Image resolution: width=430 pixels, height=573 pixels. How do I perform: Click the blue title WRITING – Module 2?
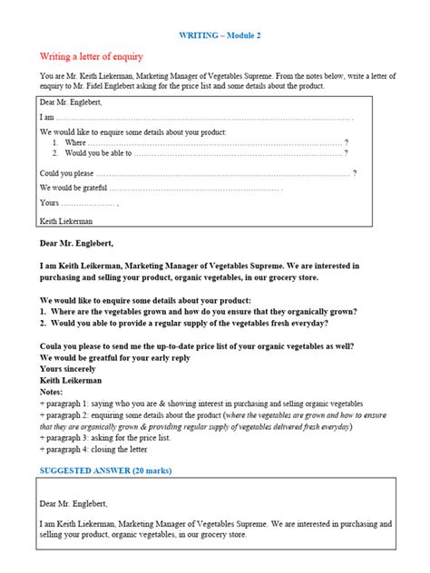[x=215, y=34]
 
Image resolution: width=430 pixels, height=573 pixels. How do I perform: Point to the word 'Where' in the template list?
[x=75, y=142]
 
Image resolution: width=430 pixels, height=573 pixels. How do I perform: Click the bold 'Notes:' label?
[x=54, y=392]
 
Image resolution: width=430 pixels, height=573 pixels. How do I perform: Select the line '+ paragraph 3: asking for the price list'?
[x=104, y=436]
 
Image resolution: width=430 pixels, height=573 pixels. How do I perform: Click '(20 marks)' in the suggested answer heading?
[x=147, y=471]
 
